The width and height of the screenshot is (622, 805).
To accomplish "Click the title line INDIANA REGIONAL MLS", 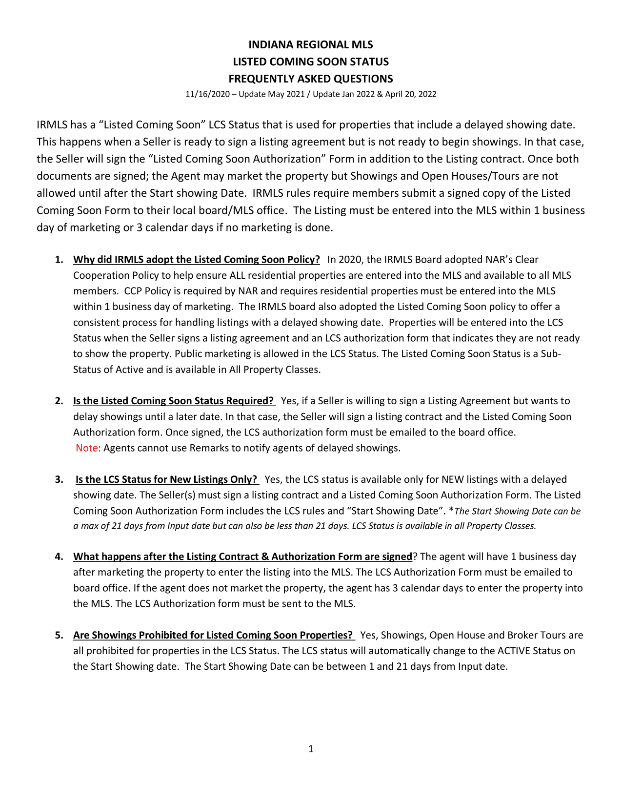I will (x=311, y=45).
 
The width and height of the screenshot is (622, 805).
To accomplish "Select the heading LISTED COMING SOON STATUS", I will (x=311, y=62).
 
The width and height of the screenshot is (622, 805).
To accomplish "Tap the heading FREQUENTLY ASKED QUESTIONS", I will (x=311, y=79).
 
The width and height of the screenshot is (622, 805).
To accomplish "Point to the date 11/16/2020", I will (x=207, y=94).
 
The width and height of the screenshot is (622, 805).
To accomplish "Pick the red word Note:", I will (x=88, y=448).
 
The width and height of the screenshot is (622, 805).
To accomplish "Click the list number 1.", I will (x=59, y=260).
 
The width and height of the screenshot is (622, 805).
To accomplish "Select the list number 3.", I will (x=59, y=479).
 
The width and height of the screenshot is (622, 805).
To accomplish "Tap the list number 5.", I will (x=59, y=635).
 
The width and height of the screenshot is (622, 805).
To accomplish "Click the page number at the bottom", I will (x=311, y=749).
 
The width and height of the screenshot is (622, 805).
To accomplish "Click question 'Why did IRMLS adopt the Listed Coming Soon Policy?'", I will (x=197, y=260).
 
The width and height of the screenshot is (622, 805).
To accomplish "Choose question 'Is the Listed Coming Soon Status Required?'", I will (x=174, y=401).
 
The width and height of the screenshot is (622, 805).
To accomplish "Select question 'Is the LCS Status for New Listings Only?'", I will (x=166, y=479).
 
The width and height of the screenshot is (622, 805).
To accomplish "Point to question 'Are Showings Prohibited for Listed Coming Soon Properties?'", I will (x=213, y=635).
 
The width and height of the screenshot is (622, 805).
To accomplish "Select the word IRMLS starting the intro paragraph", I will (x=52, y=125).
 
